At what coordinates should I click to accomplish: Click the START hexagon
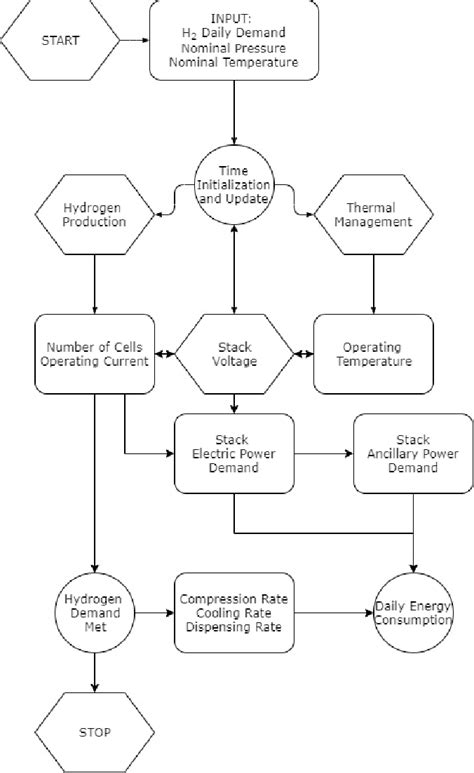(x=59, y=41)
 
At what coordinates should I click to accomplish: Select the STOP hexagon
(x=94, y=732)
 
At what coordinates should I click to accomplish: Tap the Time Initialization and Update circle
(x=234, y=187)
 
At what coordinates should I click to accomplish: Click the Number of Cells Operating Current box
(x=94, y=353)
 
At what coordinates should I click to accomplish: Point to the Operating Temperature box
(x=373, y=353)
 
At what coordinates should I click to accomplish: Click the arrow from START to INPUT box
(x=134, y=41)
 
